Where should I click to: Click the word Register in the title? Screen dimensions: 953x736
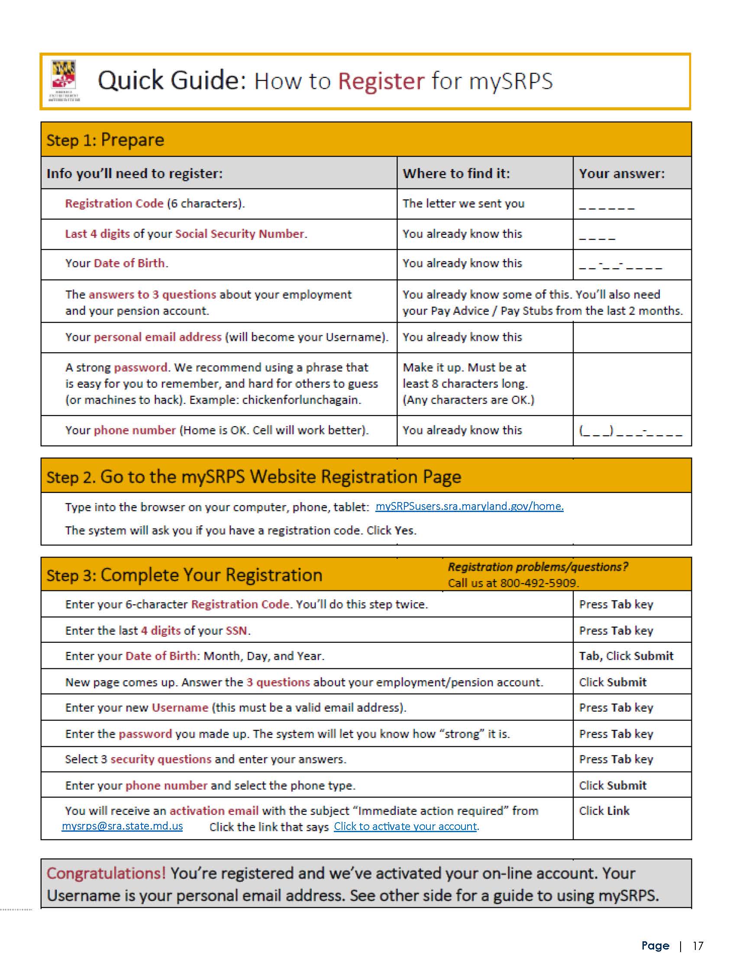coord(381,81)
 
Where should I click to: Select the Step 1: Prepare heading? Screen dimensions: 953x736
coord(105,140)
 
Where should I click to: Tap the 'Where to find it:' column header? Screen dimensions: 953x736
coord(455,173)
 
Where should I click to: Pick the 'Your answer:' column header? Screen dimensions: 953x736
coord(621,173)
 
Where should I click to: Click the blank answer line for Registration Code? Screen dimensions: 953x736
coord(606,206)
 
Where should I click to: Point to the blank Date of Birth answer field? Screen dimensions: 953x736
coord(620,265)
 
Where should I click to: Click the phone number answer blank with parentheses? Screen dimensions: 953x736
coord(630,431)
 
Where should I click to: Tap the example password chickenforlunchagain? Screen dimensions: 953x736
coord(301,400)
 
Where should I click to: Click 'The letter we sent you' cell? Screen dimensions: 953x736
coord(463,204)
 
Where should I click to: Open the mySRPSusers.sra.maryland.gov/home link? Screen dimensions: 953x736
coord(469,506)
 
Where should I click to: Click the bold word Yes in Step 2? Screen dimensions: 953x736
coord(404,531)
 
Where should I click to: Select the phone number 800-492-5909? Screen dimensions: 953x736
coord(538,583)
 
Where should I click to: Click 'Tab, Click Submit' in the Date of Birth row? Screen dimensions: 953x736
coord(626,656)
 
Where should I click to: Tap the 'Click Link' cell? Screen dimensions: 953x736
coord(604,811)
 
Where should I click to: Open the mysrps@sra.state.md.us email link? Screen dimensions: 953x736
coord(122,826)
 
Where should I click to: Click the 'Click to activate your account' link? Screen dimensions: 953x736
coord(406,827)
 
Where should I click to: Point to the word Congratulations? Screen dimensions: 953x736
coord(106,873)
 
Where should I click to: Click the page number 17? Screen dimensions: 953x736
coord(697,945)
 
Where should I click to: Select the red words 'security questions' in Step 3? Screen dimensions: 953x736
coord(161,759)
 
